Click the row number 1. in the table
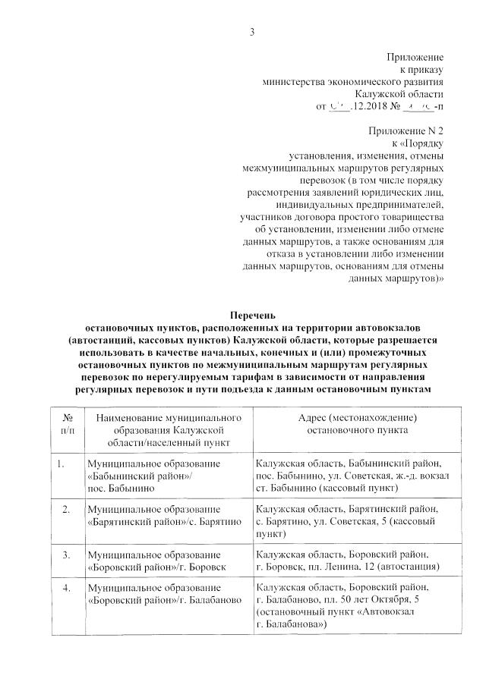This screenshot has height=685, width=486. pyautogui.click(x=60, y=463)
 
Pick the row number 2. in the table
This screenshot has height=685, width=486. pyautogui.click(x=67, y=507)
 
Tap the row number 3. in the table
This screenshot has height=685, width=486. pyautogui.click(x=67, y=555)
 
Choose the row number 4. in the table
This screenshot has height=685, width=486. pyautogui.click(x=67, y=588)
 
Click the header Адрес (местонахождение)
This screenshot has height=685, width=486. pyautogui.click(x=357, y=417)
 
